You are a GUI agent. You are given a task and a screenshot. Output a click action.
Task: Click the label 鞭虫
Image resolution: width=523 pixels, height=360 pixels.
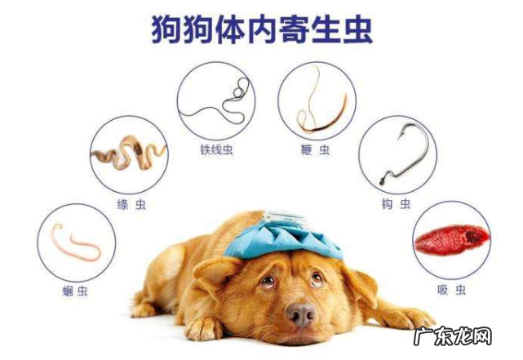pos(317,149)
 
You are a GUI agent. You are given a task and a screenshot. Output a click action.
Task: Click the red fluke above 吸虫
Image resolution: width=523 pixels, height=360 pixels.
pos(451,239)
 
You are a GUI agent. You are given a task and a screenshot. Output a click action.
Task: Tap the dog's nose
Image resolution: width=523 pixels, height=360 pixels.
pos(300,314)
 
